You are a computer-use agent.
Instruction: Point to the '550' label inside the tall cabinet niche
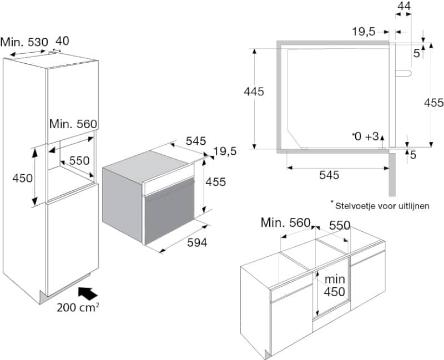pos(79,160)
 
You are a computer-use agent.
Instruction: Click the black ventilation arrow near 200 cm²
pos(85,293)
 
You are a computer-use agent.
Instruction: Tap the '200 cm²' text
pos(78,308)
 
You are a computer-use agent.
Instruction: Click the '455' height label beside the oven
pos(215,182)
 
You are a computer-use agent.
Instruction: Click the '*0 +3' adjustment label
pos(365,136)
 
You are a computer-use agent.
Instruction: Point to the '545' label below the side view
pos(329,175)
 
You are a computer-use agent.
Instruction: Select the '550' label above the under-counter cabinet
pos(340,226)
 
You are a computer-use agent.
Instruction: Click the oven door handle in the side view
pos(404,73)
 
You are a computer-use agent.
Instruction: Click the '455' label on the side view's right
pos(433,103)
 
